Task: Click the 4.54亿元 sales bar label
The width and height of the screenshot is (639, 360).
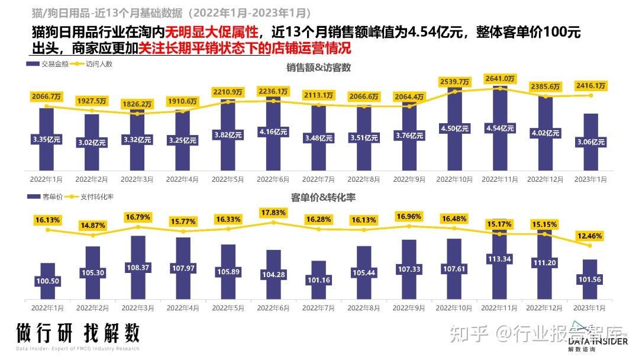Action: coord(500,128)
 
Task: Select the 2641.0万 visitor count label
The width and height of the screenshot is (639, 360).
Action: coord(500,78)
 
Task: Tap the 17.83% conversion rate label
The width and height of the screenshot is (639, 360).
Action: coord(273,212)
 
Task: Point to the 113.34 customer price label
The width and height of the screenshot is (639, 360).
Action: coord(500,259)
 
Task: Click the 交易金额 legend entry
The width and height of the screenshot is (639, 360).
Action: coord(53,63)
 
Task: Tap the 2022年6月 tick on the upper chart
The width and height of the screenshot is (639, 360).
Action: coord(273,178)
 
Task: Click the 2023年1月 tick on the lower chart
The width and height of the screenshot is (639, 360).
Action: coord(590,308)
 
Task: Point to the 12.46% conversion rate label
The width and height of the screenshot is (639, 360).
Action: coord(590,236)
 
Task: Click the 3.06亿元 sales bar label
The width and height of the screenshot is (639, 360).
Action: coord(590,142)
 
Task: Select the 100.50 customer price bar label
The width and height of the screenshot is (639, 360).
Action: coord(47,281)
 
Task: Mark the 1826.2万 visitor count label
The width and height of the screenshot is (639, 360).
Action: coord(138,104)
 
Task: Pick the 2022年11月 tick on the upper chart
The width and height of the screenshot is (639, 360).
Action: coord(500,178)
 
